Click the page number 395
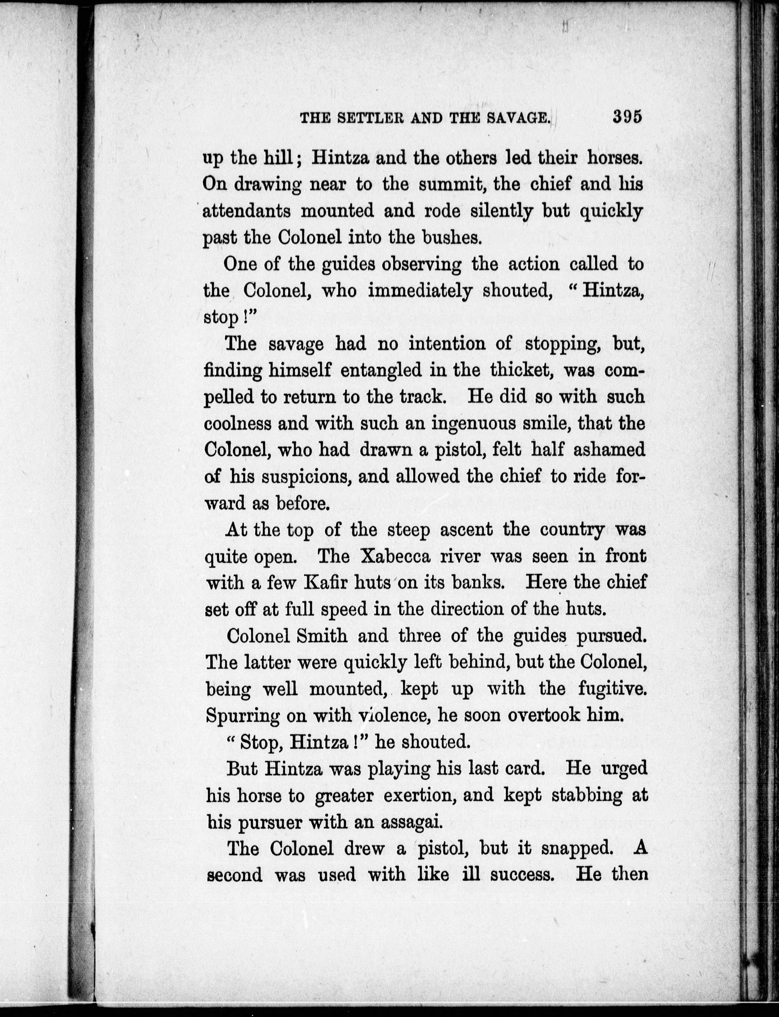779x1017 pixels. coord(627,117)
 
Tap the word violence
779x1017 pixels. coord(392,716)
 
